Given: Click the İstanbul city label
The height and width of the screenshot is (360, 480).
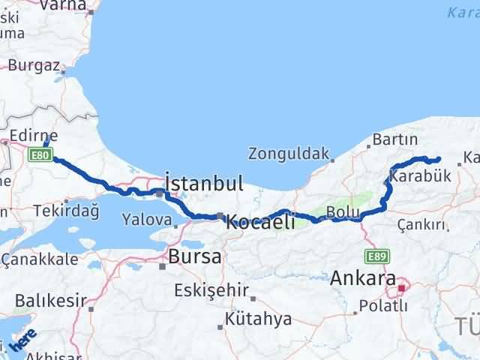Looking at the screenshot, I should (x=204, y=184).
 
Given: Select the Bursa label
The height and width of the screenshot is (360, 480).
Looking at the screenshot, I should (x=194, y=256).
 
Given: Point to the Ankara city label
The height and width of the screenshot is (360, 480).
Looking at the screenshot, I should (x=363, y=278).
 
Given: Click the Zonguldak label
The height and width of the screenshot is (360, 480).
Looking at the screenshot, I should (x=288, y=155).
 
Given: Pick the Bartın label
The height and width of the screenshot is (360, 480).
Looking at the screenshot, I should (x=394, y=139).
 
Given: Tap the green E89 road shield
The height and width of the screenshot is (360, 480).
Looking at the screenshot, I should (x=376, y=256).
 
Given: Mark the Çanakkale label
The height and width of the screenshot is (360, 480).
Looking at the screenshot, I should (x=39, y=259).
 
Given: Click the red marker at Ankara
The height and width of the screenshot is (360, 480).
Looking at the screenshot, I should (x=402, y=287).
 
